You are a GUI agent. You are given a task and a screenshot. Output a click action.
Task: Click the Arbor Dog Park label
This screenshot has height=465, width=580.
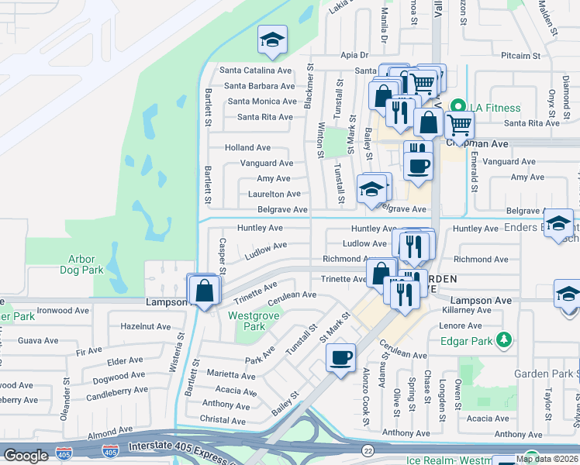(81, 263)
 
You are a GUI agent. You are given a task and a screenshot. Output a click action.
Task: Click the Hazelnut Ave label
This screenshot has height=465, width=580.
(145, 327)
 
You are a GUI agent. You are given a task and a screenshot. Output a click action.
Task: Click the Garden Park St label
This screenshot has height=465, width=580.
(544, 374)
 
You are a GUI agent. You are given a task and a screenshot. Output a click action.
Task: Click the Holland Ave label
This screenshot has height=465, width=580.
(247, 147)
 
